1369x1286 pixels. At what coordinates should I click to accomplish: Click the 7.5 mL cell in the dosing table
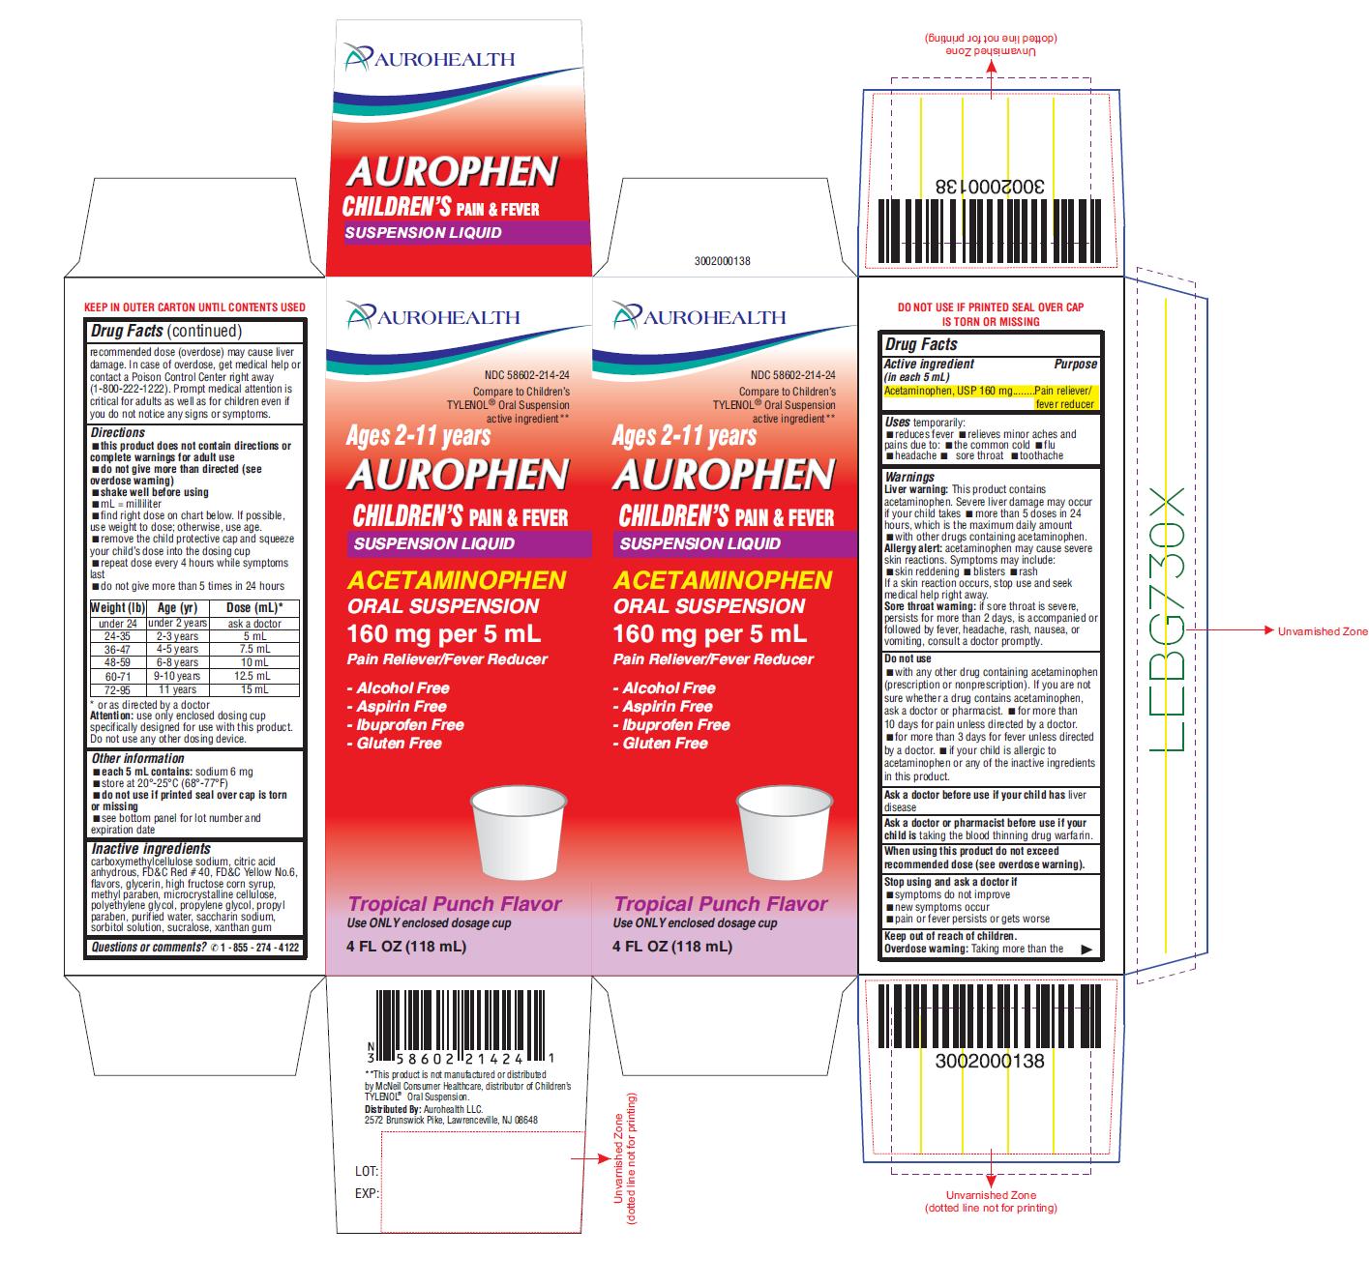(x=254, y=649)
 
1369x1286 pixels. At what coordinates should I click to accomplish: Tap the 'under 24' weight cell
(x=118, y=624)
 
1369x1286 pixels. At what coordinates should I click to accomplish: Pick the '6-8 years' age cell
(x=177, y=663)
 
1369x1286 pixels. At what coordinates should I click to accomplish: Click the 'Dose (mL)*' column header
(x=255, y=608)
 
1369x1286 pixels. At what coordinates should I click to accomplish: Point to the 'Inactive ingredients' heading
(x=151, y=849)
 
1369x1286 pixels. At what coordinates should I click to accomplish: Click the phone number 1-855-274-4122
(x=260, y=948)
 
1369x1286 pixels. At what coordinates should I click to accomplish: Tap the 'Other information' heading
(x=137, y=758)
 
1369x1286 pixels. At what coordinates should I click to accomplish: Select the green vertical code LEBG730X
(x=1167, y=619)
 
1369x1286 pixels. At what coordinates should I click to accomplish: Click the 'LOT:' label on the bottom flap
(x=367, y=1171)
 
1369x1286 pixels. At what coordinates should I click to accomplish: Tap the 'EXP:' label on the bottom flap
(x=367, y=1193)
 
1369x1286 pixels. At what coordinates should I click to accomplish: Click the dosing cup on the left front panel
(x=519, y=833)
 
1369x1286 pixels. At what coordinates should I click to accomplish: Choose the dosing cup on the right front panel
(x=785, y=833)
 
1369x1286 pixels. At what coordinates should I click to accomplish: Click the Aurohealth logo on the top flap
(x=430, y=58)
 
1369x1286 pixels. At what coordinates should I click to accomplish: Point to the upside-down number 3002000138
(x=990, y=186)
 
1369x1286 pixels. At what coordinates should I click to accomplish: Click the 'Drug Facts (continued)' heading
(x=166, y=331)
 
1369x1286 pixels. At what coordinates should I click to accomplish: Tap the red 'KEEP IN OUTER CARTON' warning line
(x=194, y=307)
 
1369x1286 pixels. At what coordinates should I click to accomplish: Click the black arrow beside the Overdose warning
(x=1086, y=950)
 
